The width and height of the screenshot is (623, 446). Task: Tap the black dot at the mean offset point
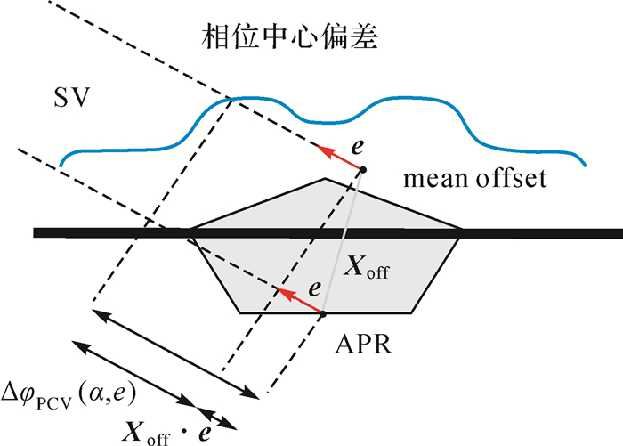(x=362, y=168)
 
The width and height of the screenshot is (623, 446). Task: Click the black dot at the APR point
(x=323, y=313)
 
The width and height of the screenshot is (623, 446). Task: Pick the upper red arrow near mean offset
(x=342, y=158)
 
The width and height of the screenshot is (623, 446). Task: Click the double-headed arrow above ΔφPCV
(x=133, y=372)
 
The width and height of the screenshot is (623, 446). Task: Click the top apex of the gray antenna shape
(x=325, y=179)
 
